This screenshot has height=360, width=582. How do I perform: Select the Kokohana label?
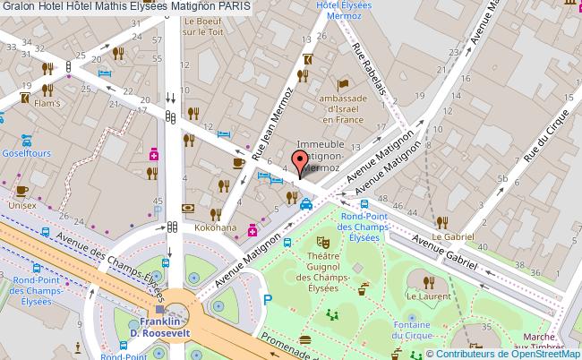point(215,228)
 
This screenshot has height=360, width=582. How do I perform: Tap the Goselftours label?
point(27,153)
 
